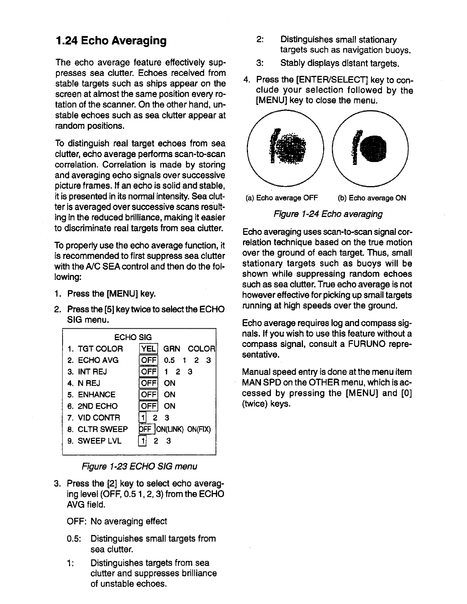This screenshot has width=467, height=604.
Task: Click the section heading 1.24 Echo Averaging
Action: (x=111, y=41)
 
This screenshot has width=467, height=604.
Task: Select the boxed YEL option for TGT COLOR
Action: (x=148, y=349)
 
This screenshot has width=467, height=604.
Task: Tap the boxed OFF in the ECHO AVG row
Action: (x=148, y=360)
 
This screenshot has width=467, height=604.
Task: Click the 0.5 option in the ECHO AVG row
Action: (x=169, y=360)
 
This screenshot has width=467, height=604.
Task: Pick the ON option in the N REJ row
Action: (x=169, y=383)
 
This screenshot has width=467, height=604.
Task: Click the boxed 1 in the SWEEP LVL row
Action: (x=142, y=441)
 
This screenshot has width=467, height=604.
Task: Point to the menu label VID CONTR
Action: (x=98, y=418)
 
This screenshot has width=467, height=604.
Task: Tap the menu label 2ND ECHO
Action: (x=97, y=406)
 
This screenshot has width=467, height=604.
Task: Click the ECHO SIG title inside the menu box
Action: (x=133, y=337)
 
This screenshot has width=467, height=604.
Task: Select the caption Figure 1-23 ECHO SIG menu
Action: (x=138, y=466)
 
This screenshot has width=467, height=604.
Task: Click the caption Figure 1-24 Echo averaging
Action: (x=328, y=214)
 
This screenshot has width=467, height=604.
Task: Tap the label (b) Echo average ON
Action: (x=372, y=198)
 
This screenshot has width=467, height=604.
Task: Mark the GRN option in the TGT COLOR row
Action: (x=171, y=349)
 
